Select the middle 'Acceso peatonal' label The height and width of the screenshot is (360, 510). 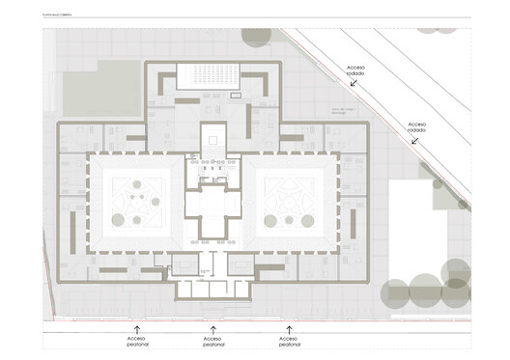pyautogui.click(x=212, y=343)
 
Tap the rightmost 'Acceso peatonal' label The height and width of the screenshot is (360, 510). pyautogui.click(x=288, y=343)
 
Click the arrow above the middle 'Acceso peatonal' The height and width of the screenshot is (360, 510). pyautogui.click(x=212, y=330)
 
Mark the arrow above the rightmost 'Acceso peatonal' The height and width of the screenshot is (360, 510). pyautogui.click(x=288, y=330)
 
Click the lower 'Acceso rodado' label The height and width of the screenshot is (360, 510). pyautogui.click(x=417, y=126)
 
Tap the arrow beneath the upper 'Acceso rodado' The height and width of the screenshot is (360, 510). pyautogui.click(x=354, y=84)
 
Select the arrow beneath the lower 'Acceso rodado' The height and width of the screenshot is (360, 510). pyautogui.click(x=414, y=141)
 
